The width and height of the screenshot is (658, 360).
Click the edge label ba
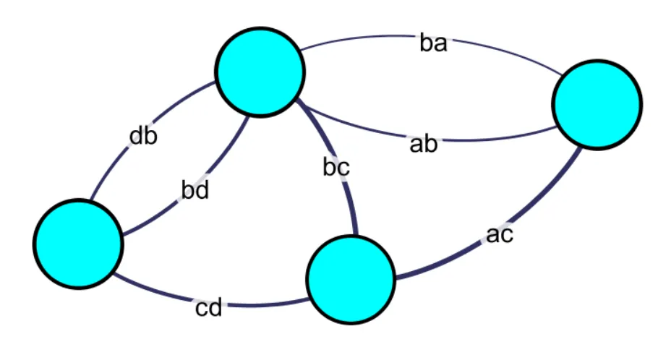(x=434, y=43)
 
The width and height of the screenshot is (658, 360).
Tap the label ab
(x=424, y=144)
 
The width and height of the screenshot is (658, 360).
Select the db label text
(x=143, y=136)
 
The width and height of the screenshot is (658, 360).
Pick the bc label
(x=336, y=168)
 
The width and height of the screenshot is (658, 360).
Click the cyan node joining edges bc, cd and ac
(x=351, y=280)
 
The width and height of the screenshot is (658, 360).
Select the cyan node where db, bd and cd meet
(x=79, y=244)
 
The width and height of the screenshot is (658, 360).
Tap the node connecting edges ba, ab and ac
(x=597, y=105)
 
